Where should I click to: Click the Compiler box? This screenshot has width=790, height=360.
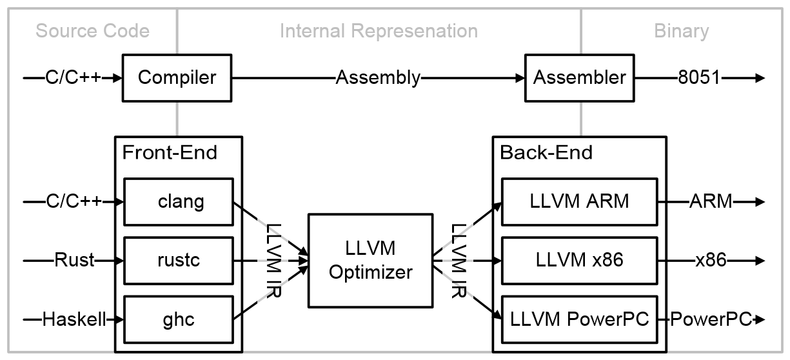coord(177,78)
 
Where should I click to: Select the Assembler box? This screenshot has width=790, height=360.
coord(580,78)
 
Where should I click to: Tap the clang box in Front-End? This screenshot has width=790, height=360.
coord(181,201)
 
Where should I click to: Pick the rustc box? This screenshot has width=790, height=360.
coord(181,261)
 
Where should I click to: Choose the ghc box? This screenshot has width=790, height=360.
coord(181,319)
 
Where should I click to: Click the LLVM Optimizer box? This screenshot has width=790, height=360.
coord(370,261)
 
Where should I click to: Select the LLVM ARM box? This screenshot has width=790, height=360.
coord(578,201)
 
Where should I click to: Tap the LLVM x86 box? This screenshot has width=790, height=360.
coord(578,261)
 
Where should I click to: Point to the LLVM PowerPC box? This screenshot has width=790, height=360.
coord(578,319)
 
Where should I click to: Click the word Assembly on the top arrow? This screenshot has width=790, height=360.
coord(377,78)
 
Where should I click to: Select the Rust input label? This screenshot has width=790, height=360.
coord(74,261)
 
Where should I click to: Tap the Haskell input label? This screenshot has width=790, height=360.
coord(74,319)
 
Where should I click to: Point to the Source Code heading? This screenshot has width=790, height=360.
coord(92,31)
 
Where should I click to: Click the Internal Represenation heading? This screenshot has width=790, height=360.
coord(379,31)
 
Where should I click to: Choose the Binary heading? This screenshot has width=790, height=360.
coord(681,31)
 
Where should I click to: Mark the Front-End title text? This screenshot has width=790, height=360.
coord(170,153)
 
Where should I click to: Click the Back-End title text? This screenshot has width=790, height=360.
coord(546,153)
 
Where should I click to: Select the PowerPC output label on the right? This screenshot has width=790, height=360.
coord(711,319)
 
